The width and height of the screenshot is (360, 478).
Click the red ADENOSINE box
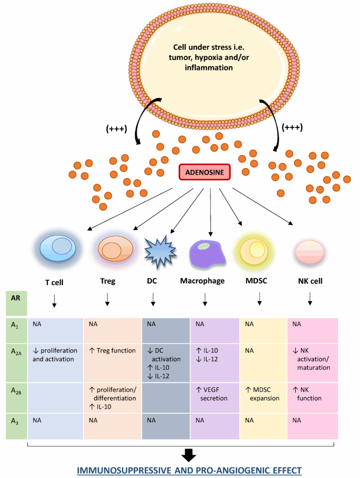point(205,173)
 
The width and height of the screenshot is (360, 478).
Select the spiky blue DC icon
point(159,251)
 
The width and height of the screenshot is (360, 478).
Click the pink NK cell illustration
point(308,251)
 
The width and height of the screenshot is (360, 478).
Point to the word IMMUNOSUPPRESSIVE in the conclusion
point(126,470)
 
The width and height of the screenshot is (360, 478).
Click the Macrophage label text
point(202,281)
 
